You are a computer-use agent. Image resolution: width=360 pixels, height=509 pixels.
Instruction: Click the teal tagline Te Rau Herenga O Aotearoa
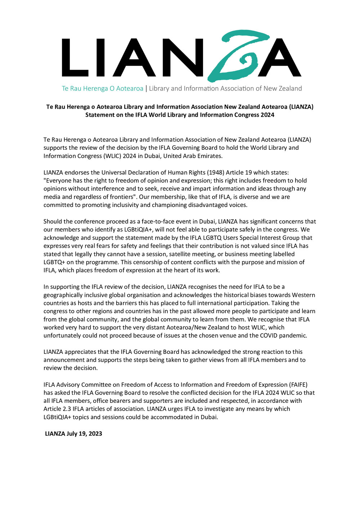pyautogui.click(x=103, y=89)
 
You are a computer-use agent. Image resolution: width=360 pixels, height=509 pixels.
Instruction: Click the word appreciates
pyautogui.click(x=84, y=352)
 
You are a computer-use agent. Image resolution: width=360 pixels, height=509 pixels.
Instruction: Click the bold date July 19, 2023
pyautogui.click(x=84, y=433)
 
